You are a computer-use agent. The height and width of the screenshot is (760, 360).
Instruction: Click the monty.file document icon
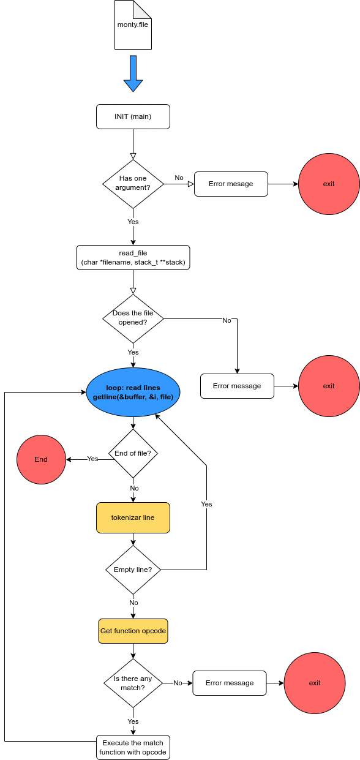pyautogui.click(x=133, y=25)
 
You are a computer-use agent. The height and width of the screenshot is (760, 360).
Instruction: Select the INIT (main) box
pyautogui.click(x=133, y=116)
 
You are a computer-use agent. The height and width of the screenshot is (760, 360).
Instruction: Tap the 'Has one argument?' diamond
pyautogui.click(x=133, y=183)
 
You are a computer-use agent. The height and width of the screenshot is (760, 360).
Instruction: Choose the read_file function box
pyautogui.click(x=133, y=257)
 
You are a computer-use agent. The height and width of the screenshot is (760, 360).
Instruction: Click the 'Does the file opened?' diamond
pyautogui.click(x=133, y=318)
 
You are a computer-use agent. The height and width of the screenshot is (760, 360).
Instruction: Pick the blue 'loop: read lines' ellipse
pyautogui.click(x=133, y=393)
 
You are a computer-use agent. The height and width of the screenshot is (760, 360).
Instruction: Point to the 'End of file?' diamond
pyautogui.click(x=133, y=453)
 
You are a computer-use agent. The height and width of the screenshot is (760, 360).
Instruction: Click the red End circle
pyautogui.click(x=41, y=459)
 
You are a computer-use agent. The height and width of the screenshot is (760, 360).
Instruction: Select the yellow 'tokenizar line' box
pyautogui.click(x=133, y=517)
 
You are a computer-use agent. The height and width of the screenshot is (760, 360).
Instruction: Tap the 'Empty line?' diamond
pyautogui.click(x=133, y=570)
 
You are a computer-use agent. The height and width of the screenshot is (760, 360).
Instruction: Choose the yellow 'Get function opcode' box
pyautogui.click(x=133, y=631)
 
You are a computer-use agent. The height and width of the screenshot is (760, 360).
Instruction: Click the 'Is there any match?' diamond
pyautogui.click(x=133, y=683)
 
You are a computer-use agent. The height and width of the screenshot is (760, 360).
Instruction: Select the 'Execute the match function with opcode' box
pyautogui.click(x=133, y=747)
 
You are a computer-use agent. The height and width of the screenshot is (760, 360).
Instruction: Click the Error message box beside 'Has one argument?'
pyautogui.click(x=231, y=184)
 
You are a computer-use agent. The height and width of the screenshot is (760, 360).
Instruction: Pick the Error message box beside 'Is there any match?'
pyautogui.click(x=230, y=683)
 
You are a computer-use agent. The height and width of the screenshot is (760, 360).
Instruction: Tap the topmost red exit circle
pyautogui.click(x=329, y=184)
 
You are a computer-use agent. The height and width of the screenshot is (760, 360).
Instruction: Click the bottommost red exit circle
pyautogui.click(x=315, y=683)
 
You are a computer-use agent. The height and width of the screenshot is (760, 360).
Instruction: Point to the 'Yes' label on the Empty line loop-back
pyautogui.click(x=206, y=504)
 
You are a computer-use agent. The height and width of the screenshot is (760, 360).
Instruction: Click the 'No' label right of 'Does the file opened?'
pyautogui.click(x=227, y=320)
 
